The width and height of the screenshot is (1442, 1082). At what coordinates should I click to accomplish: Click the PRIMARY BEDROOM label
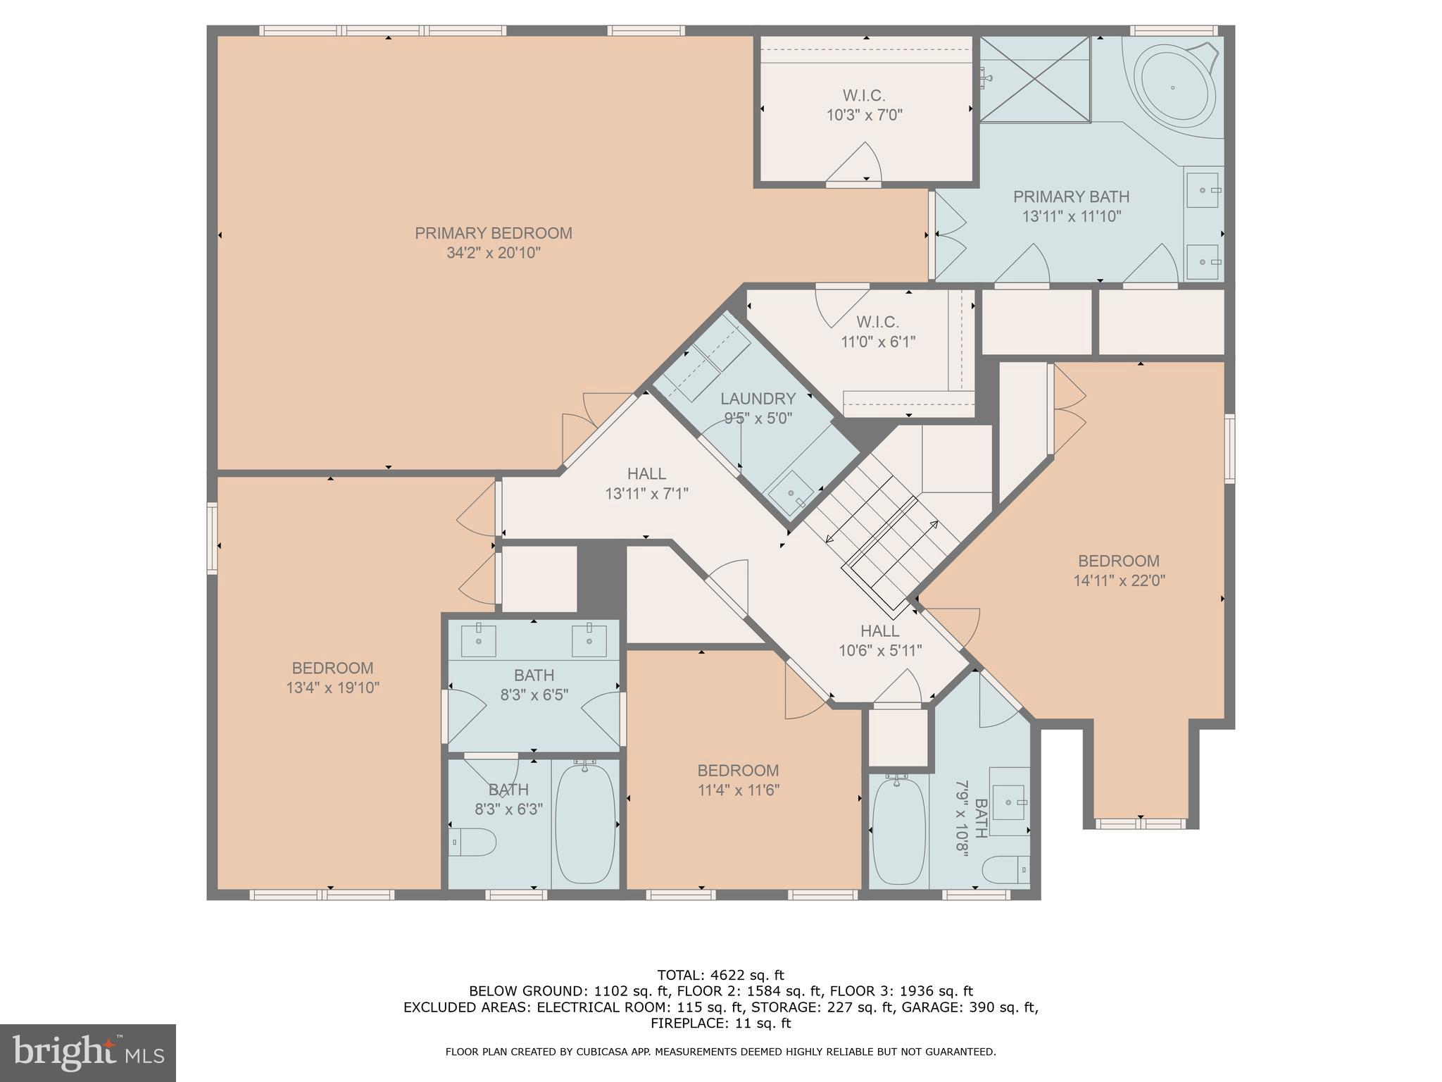click(493, 233)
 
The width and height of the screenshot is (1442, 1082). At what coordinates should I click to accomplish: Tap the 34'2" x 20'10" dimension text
click(493, 253)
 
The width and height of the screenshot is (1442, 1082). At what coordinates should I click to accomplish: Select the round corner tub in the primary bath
click(1173, 87)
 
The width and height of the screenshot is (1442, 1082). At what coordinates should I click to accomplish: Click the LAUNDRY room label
click(758, 399)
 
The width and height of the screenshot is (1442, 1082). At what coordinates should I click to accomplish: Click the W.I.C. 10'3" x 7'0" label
click(864, 105)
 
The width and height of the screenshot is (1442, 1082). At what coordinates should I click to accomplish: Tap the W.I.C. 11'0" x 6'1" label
click(878, 332)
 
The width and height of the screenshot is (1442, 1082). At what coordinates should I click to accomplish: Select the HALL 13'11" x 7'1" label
click(646, 483)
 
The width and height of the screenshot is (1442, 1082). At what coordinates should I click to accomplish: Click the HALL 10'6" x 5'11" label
click(879, 640)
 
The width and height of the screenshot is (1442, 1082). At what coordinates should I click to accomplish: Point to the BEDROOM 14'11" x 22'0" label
click(1119, 571)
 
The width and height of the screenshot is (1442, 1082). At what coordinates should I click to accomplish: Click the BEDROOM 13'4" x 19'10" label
click(332, 677)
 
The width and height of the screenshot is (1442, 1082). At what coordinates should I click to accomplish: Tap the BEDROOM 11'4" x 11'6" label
click(738, 780)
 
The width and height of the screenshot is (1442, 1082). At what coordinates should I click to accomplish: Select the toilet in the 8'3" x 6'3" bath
click(472, 842)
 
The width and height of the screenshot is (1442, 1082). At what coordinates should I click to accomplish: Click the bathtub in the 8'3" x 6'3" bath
click(585, 824)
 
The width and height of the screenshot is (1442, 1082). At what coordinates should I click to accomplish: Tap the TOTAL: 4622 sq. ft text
click(720, 975)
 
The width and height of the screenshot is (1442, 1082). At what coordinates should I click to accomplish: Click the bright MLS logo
click(87, 1052)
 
